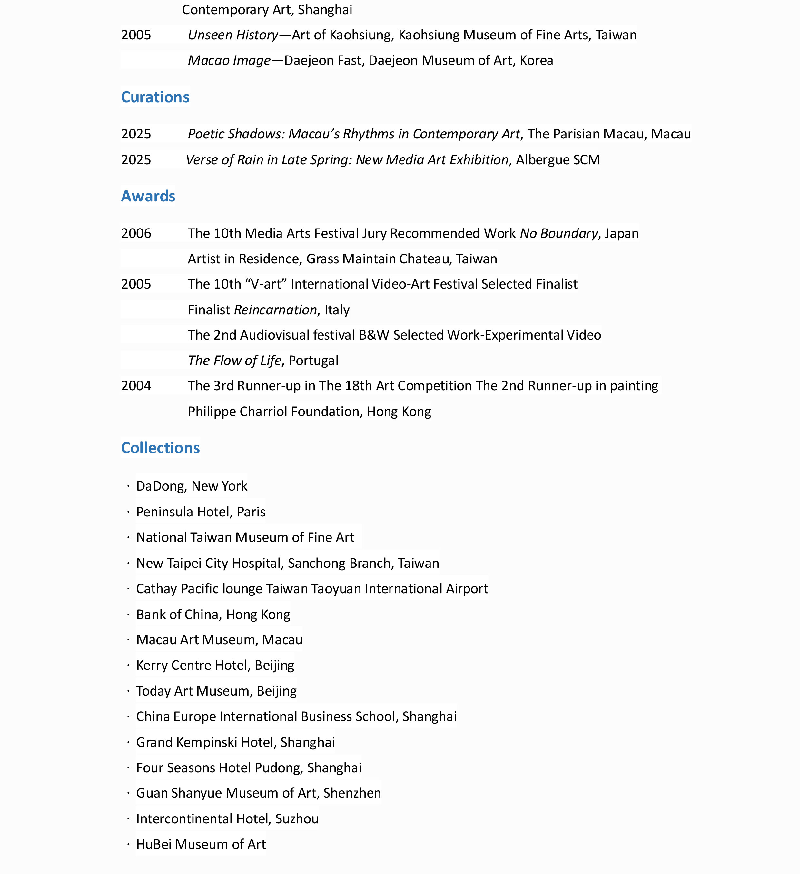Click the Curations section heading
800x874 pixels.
(x=155, y=97)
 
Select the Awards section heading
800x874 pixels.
(x=148, y=196)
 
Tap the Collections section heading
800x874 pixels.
(x=160, y=448)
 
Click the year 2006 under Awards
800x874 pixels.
(x=136, y=233)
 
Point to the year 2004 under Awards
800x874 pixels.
(x=136, y=385)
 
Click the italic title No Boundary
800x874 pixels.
(x=559, y=233)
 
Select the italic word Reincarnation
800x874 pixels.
(x=275, y=310)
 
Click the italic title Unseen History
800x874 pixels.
(x=232, y=35)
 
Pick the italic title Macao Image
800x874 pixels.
(x=229, y=60)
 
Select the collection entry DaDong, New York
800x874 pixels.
(x=192, y=486)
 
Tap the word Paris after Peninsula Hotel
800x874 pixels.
(x=251, y=512)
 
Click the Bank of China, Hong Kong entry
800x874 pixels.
(x=213, y=614)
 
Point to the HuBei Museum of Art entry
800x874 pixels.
(x=201, y=844)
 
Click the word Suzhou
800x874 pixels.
(x=297, y=818)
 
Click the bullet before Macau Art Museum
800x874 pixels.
(x=129, y=640)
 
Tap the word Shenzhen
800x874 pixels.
(x=352, y=793)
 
